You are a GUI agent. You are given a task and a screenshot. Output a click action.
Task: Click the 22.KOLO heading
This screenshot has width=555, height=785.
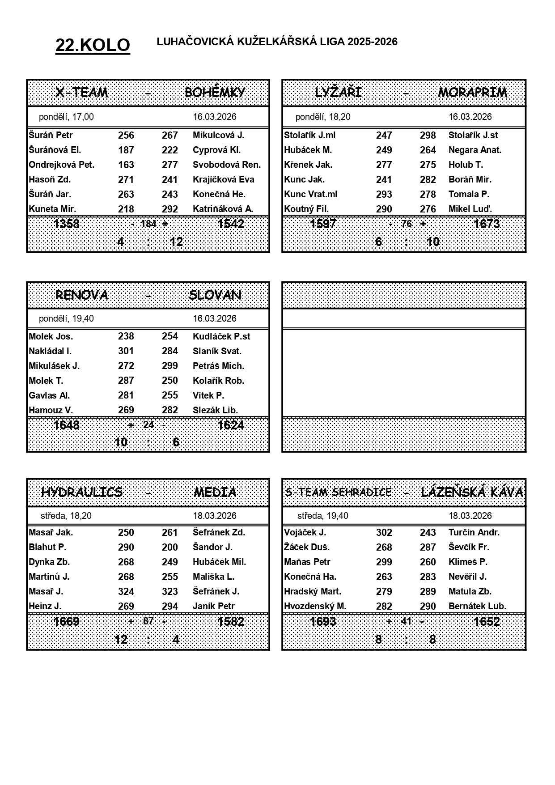tap(93, 45)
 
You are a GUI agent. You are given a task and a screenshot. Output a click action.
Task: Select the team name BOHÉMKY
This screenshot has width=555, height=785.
tap(215, 93)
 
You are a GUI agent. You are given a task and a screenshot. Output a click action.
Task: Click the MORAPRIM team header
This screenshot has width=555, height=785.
tap(472, 93)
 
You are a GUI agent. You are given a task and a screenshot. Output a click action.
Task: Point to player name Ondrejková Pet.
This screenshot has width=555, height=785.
tap(61, 165)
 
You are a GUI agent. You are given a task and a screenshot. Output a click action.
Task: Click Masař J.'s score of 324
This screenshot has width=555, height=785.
tap(126, 591)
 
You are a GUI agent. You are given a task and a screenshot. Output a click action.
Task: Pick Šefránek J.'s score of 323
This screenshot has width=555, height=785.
tap(169, 591)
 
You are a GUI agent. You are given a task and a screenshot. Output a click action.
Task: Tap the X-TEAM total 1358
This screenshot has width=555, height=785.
tap(66, 224)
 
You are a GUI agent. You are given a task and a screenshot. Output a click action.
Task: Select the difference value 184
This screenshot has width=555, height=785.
tap(148, 224)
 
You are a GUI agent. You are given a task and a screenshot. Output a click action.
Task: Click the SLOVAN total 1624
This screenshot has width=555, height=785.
tap(230, 425)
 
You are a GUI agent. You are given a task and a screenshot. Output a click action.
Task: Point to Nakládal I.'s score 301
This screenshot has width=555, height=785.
tap(126, 351)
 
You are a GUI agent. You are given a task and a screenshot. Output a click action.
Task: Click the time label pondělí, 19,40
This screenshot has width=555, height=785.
tap(66, 318)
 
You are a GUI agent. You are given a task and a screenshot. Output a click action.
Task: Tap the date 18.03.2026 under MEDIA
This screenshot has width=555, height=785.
tap(215, 516)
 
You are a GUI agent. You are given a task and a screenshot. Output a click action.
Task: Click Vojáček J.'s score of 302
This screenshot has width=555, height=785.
tap(384, 532)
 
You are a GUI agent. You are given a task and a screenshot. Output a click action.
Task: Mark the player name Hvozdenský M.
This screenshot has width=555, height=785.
tap(315, 606)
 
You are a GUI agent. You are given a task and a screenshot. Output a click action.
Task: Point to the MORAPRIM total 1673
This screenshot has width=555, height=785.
tap(486, 224)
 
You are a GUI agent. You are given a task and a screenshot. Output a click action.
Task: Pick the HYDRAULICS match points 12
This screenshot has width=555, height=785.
tap(121, 639)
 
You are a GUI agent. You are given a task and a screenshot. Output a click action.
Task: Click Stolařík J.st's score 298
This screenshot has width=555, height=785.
tap(428, 135)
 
